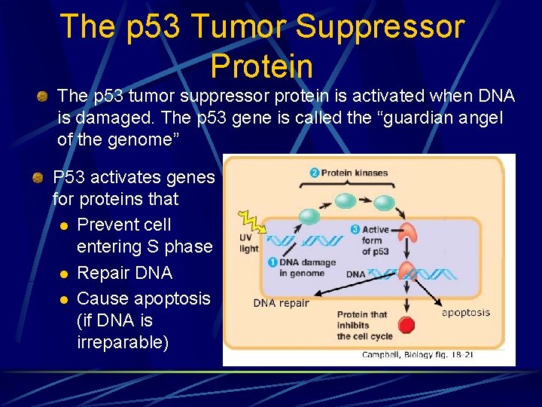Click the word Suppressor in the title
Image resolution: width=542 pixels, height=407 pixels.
pyautogui.click(x=380, y=27)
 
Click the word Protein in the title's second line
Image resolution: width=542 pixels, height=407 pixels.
pyautogui.click(x=262, y=66)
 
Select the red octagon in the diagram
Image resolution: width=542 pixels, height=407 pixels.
pyautogui.click(x=407, y=326)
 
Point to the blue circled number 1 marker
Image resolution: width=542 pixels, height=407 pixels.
pyautogui.click(x=273, y=262)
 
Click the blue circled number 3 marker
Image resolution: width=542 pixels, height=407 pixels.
pyautogui.click(x=355, y=230)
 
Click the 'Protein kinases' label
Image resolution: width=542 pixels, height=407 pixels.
pyautogui.click(x=354, y=173)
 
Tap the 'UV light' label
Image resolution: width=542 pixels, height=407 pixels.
pyautogui.click(x=248, y=243)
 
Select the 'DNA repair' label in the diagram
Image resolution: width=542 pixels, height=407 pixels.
pyautogui.click(x=281, y=303)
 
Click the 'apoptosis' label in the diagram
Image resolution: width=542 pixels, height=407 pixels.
pyautogui.click(x=465, y=312)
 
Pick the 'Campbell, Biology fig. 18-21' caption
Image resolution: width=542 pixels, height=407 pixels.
pyautogui.click(x=417, y=354)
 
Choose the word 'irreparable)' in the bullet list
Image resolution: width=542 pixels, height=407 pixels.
pyautogui.click(x=123, y=342)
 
